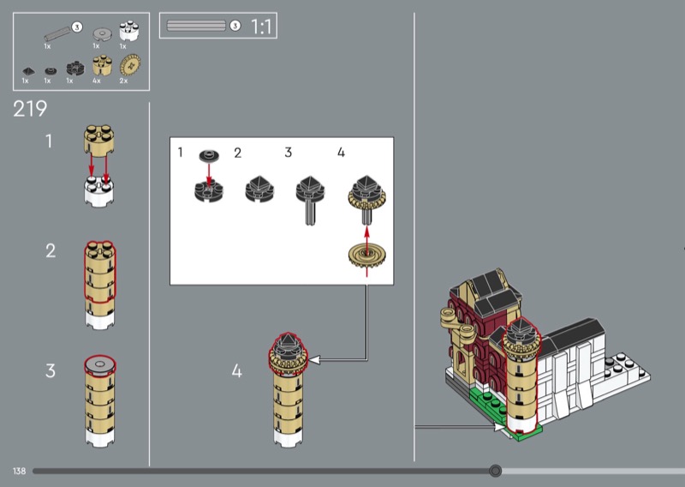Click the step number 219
[30, 109]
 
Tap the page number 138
[19, 472]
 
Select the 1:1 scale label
[261, 27]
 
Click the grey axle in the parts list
[57, 33]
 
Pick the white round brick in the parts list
[129, 31]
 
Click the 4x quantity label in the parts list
[97, 81]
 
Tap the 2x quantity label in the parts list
[123, 81]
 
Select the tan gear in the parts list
[130, 65]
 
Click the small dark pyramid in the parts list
[28, 70]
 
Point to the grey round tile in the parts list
[102, 33]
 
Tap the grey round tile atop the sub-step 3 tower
[100, 364]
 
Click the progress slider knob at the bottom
[495, 471]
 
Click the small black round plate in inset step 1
[209, 155]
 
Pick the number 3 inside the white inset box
[288, 153]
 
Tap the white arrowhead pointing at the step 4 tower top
[314, 360]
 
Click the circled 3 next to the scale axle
[235, 26]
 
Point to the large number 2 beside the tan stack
[51, 250]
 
